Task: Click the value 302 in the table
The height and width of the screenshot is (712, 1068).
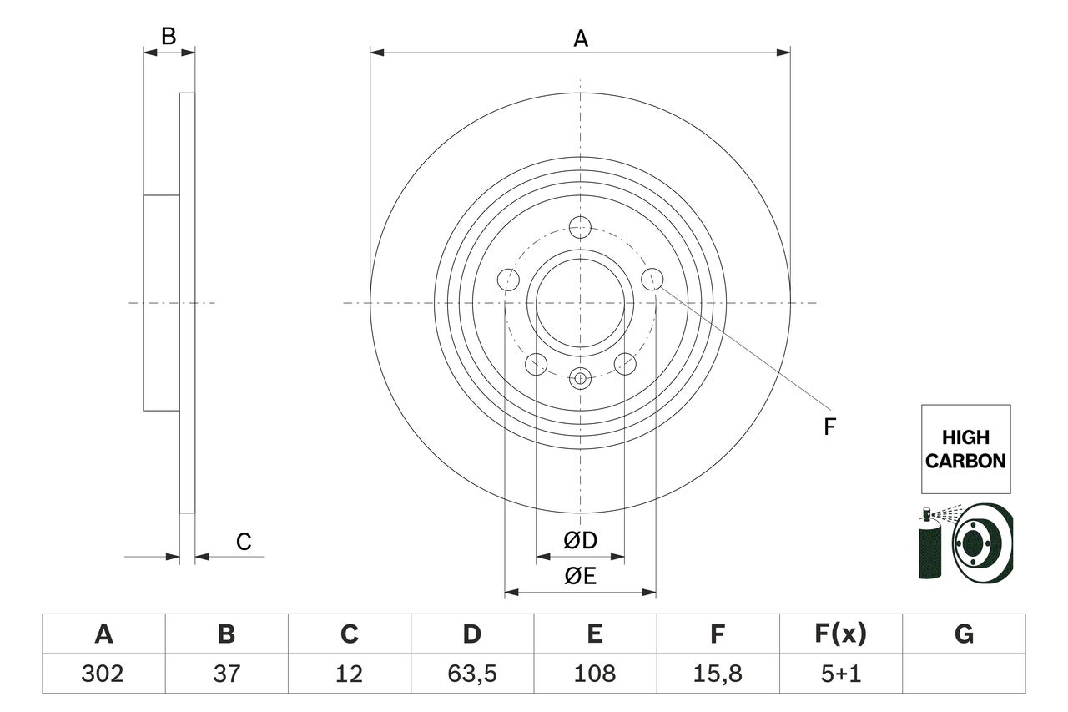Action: click(x=103, y=673)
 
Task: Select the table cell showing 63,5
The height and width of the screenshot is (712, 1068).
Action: click(x=471, y=673)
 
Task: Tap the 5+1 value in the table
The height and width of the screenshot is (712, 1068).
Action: click(x=841, y=673)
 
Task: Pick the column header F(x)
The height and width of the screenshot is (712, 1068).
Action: click(x=841, y=634)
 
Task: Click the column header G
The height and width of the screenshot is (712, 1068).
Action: click(x=964, y=634)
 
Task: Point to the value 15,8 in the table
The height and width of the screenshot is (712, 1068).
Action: click(x=718, y=673)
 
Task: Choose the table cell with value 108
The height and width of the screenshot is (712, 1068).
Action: click(x=594, y=673)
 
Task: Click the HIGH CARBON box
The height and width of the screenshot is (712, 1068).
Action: click(x=965, y=448)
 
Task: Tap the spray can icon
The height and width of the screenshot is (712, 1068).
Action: click(x=929, y=547)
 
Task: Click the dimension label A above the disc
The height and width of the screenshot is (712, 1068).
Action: click(x=580, y=38)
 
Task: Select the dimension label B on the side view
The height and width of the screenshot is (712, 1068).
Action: click(x=169, y=36)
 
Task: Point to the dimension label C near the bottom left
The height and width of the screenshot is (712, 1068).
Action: click(x=243, y=543)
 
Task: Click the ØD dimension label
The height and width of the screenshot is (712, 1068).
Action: click(x=580, y=541)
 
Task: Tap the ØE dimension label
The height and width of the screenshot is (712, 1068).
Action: click(x=580, y=577)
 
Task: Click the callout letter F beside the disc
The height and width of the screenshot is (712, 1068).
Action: click(x=829, y=427)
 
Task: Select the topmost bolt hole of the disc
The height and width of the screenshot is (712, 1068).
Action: click(x=580, y=226)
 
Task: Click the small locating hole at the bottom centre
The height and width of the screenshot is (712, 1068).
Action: click(x=580, y=378)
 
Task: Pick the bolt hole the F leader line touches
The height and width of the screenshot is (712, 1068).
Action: click(x=652, y=279)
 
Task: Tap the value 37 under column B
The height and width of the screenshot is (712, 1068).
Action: click(x=226, y=673)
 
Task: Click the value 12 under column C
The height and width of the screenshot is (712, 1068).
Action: click(x=349, y=673)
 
